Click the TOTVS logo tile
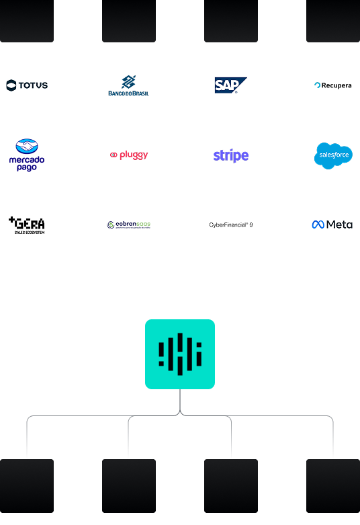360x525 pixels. click(27, 85)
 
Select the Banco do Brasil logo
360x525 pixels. click(129, 85)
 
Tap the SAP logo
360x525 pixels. click(231, 85)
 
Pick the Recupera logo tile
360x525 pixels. click(333, 85)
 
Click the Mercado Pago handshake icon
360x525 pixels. click(27, 147)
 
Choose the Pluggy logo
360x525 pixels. click(129, 155)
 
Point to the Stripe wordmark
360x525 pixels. click(231, 156)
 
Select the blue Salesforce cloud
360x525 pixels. click(333, 155)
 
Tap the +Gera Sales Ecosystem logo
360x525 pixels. click(27, 225)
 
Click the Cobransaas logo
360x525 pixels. click(129, 225)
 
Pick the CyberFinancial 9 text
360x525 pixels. click(231, 225)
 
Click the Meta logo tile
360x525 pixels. click(333, 225)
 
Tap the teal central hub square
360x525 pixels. click(180, 354)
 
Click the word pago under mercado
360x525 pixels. click(27, 167)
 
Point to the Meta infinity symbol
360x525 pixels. click(318, 225)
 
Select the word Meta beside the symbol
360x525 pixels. click(339, 225)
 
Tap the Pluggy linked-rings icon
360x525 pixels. click(114, 155)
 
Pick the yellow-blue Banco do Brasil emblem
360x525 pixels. click(128, 81)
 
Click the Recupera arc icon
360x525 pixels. click(318, 85)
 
